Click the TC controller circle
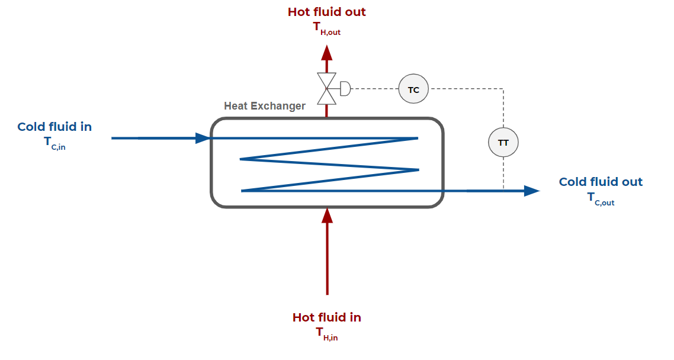tap(413, 89)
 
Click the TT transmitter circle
tap(503, 142)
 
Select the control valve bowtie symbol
tap(326, 89)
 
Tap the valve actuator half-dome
tap(345, 89)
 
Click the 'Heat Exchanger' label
tap(265, 106)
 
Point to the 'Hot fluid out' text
tap(327, 12)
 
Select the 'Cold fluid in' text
tap(54, 127)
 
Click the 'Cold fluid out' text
tap(601, 182)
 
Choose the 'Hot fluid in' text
tap(327, 317)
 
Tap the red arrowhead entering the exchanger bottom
tap(327, 215)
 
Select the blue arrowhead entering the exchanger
tap(203, 138)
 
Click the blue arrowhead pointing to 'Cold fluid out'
tap(531, 191)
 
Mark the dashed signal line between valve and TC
tap(374, 89)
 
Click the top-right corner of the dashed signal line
tap(503, 89)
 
